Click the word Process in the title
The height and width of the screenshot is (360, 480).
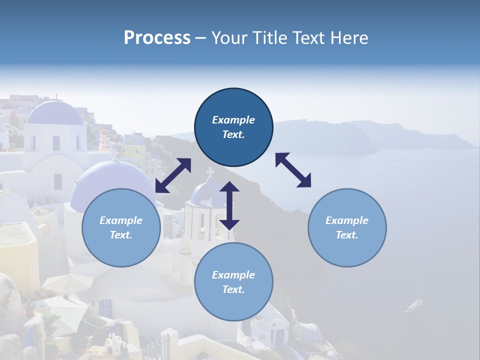point(157,38)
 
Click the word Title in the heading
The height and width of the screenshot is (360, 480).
point(270,38)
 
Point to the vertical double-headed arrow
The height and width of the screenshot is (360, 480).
point(229,205)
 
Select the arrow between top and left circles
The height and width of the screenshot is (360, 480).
point(173,175)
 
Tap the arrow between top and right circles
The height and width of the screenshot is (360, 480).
point(293,170)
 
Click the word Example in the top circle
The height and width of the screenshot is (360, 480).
point(233,120)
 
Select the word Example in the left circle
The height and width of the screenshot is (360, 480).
point(121,220)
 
